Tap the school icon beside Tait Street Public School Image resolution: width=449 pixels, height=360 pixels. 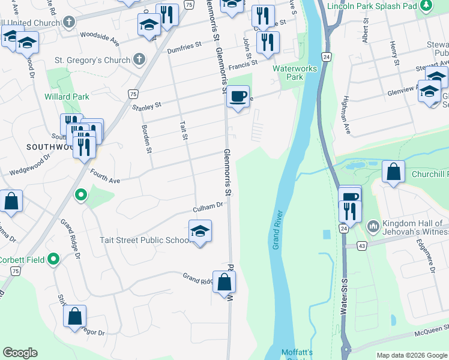[200, 231]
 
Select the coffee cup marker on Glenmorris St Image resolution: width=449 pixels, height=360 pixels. [238, 96]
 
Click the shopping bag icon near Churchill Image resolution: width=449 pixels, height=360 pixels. [393, 172]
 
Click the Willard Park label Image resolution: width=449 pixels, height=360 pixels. [66, 97]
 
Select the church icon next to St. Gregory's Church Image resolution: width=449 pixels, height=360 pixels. [139, 60]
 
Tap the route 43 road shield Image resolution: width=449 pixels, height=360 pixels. [361, 246]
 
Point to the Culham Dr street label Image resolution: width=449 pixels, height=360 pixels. [208, 207]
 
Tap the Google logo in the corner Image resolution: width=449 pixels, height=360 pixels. [20, 353]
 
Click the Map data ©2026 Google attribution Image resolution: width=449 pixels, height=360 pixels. [412, 355]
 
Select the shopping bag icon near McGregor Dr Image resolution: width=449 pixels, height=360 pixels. [75, 316]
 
